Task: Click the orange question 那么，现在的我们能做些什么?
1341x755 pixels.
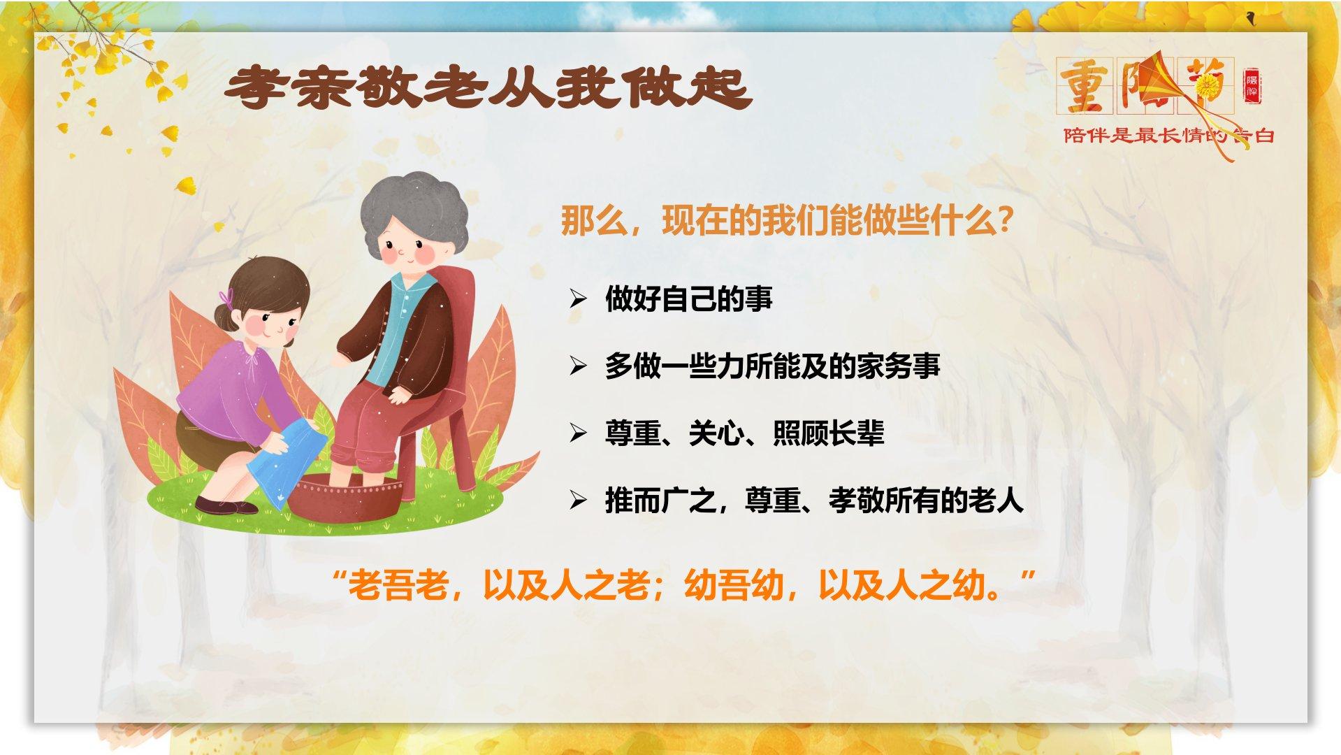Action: (787, 222)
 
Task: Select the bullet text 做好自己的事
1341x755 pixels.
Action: (689, 299)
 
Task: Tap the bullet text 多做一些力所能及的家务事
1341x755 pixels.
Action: (773, 366)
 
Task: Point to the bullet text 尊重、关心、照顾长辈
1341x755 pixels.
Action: (745, 433)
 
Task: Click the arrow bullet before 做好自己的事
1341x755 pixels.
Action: (577, 299)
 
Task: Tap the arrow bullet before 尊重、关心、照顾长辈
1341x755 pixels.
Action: (577, 433)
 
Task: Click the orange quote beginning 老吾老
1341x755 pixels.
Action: (685, 584)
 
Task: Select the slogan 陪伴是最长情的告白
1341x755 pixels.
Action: (1169, 136)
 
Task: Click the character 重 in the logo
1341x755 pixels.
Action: (1085, 86)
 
